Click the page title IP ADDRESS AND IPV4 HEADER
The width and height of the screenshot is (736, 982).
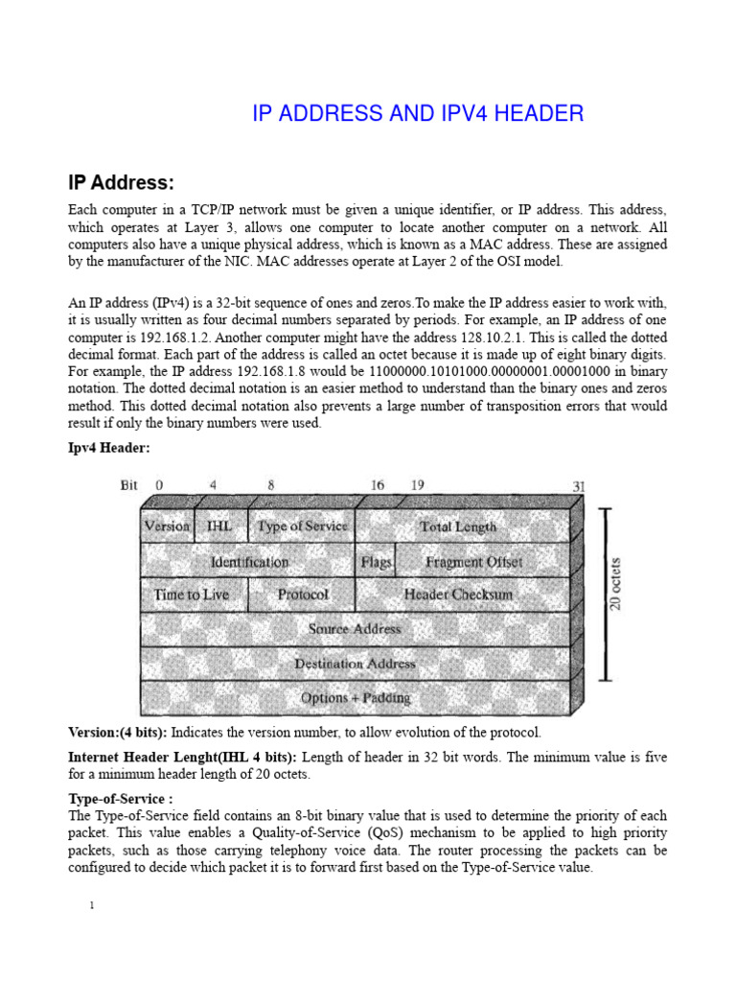click(418, 114)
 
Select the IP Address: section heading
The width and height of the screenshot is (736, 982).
click(121, 182)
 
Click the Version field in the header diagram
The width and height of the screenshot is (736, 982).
click(167, 526)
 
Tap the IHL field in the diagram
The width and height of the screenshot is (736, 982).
click(219, 526)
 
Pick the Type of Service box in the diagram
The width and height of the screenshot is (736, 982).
click(302, 526)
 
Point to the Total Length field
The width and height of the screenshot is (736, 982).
click(458, 526)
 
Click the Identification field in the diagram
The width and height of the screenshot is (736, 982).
click(249, 561)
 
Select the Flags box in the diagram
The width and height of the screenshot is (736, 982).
click(376, 561)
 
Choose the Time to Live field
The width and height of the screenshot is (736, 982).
click(192, 595)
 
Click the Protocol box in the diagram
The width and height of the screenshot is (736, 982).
click(302, 595)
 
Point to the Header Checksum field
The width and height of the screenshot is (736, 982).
click(458, 595)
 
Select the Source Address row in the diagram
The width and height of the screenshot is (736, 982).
click(355, 629)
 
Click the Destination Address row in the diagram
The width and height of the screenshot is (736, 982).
click(355, 663)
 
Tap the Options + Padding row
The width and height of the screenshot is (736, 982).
click(355, 697)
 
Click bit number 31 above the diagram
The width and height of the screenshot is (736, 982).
click(578, 486)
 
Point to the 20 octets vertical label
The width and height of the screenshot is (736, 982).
click(615, 583)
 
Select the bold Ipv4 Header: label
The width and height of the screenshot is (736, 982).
click(108, 448)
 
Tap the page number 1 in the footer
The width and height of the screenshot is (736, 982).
click(90, 906)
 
